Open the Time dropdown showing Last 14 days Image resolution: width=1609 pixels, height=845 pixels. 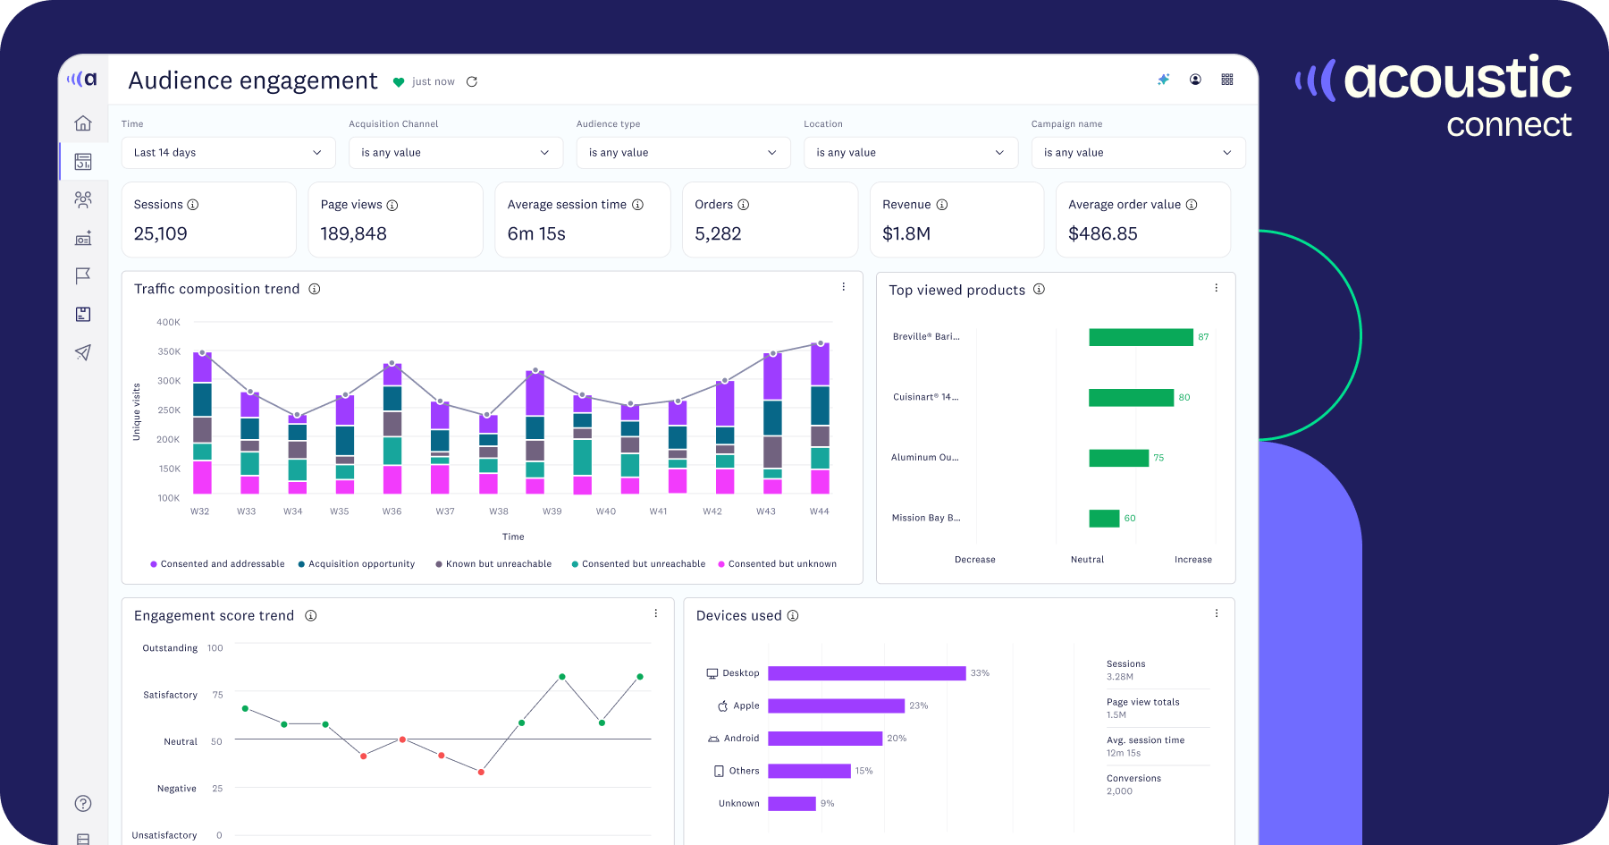pyautogui.click(x=228, y=153)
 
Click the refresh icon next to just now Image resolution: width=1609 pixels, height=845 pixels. pyautogui.click(x=472, y=81)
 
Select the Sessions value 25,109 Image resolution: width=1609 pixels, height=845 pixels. pyautogui.click(x=161, y=234)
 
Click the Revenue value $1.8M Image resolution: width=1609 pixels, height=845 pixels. pyautogui.click(x=906, y=234)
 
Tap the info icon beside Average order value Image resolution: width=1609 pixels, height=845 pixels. pyautogui.click(x=1192, y=205)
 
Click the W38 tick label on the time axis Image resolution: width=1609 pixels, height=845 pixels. pyautogui.click(x=499, y=511)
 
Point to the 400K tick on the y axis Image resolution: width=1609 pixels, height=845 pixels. pyautogui.click(x=168, y=322)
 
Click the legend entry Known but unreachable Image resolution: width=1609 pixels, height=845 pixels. pyautogui.click(x=498, y=564)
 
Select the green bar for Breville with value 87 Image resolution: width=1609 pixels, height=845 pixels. pyautogui.click(x=1141, y=337)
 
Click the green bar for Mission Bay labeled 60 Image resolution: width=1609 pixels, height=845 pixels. pyautogui.click(x=1104, y=519)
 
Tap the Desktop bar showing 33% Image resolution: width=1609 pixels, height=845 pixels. pyautogui.click(x=866, y=673)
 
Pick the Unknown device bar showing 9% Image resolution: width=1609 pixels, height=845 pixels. pyautogui.click(x=792, y=804)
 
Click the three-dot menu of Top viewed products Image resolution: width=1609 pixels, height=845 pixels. pyautogui.click(x=1216, y=288)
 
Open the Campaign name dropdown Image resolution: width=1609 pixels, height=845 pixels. pyautogui.click(x=1138, y=153)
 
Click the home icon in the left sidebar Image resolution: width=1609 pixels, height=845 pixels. pyautogui.click(x=83, y=123)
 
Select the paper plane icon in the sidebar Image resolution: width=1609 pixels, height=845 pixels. pyautogui.click(x=83, y=352)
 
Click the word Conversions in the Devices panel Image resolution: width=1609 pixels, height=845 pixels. pyautogui.click(x=1133, y=779)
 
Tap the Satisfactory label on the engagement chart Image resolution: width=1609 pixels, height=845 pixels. pyautogui.click(x=170, y=695)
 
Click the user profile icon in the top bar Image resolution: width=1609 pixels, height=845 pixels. pyautogui.click(x=1195, y=80)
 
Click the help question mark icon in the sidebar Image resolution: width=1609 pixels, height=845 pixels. pyautogui.click(x=83, y=803)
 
